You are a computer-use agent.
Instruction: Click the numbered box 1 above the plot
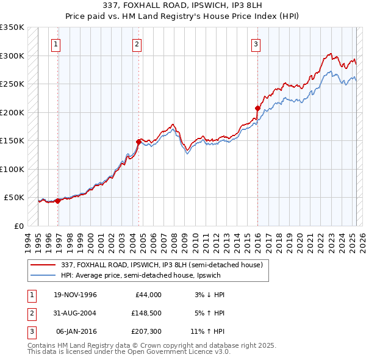56,44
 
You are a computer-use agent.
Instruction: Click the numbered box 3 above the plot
256,44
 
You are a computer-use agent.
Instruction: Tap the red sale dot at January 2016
257,108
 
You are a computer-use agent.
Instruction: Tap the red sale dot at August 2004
139,142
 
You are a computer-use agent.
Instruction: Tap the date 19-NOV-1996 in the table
76,295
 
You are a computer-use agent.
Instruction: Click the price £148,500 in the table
146,313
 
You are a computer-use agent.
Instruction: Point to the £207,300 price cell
146,331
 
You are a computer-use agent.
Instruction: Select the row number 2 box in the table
30,313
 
